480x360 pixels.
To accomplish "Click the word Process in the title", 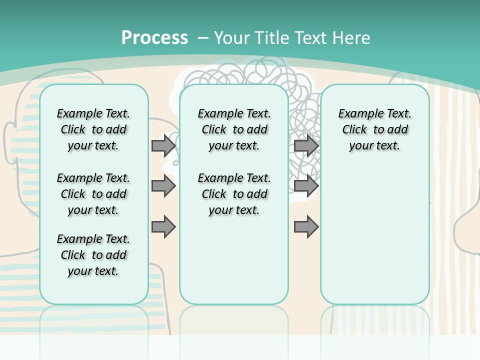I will [x=154, y=38].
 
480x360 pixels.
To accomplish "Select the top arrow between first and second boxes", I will [x=163, y=145].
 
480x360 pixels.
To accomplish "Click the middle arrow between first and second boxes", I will [x=163, y=186].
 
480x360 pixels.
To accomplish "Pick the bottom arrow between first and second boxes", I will [x=163, y=226].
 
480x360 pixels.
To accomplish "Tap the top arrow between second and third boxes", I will [x=306, y=145].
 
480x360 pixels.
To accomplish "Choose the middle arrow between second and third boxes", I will [x=306, y=186].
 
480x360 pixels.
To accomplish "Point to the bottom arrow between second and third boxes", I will [x=306, y=226].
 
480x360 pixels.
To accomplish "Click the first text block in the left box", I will [x=93, y=129].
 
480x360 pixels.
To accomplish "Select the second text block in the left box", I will [x=93, y=194].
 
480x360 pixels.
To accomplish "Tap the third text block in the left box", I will [x=93, y=255].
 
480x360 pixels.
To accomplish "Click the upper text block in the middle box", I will [x=234, y=129].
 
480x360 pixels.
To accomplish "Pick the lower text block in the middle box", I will [x=234, y=194].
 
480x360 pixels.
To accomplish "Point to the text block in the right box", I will [x=374, y=129].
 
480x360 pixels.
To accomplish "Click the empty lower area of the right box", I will [x=374, y=235].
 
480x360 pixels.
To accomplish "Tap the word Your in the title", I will [x=231, y=38].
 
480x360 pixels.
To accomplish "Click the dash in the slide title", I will [x=203, y=38].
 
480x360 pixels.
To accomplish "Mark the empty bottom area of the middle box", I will [x=234, y=265].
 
